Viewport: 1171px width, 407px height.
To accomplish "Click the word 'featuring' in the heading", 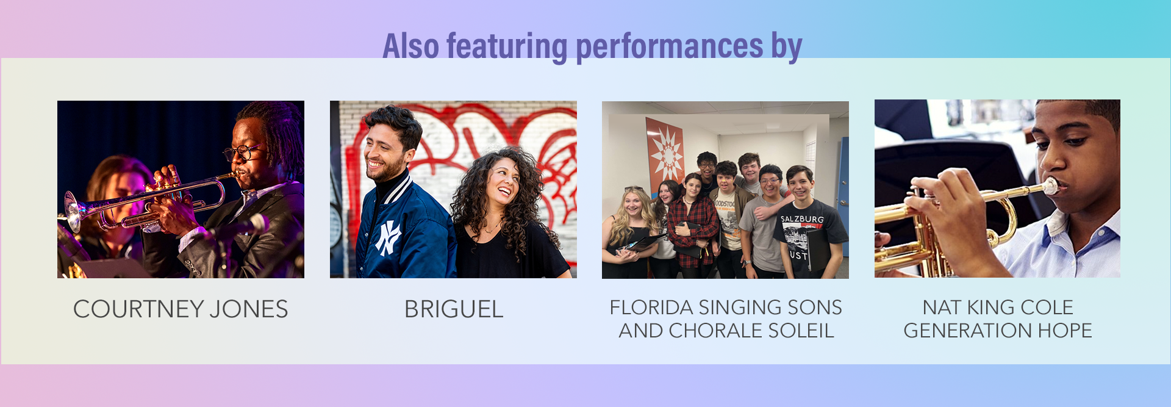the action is [x=507, y=47].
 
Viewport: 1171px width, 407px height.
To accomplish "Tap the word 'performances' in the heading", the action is [x=670, y=47].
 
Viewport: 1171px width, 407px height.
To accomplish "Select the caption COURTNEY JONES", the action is [x=181, y=309].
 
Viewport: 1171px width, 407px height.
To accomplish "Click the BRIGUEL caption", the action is [x=454, y=309].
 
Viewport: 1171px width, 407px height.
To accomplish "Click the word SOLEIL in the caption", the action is [x=801, y=331].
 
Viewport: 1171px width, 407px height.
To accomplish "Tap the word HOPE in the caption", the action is [x=1065, y=331].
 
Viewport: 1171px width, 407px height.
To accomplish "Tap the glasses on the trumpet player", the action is [x=243, y=152].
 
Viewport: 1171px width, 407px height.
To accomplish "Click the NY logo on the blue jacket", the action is [x=388, y=237].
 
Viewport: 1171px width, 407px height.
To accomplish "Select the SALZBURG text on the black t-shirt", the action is [x=802, y=219].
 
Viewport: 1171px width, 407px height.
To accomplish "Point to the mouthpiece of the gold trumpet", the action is [x=1051, y=186].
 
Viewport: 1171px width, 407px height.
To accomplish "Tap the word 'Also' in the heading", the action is [x=410, y=47].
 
